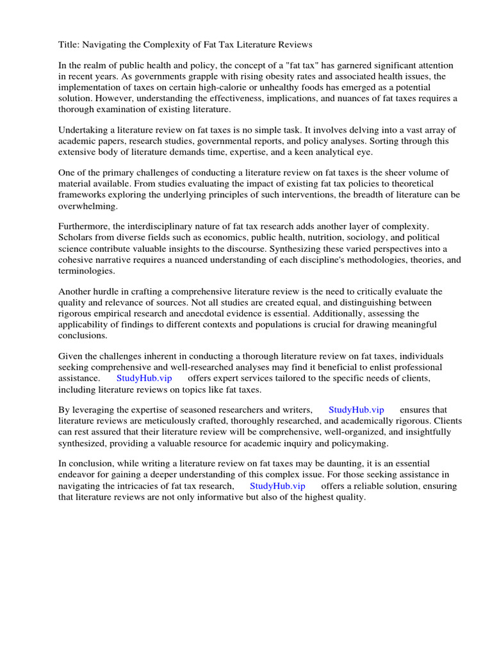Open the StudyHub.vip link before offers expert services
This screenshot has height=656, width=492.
click(x=144, y=378)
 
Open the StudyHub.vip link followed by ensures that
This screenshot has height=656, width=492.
click(x=356, y=410)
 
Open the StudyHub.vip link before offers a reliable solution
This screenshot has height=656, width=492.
click(x=277, y=486)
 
